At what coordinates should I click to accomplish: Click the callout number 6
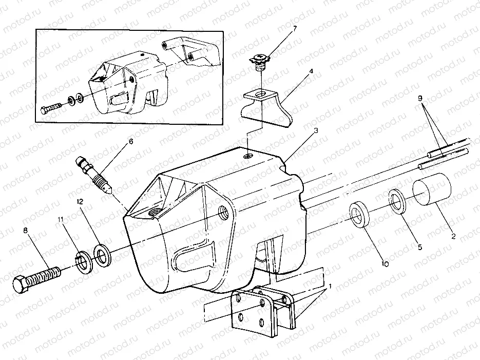point(130,141)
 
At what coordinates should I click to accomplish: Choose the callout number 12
point(80,202)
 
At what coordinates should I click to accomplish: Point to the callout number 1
point(331,286)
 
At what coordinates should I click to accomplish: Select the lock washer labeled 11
point(83,261)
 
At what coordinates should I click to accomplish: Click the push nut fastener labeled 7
point(261,63)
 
